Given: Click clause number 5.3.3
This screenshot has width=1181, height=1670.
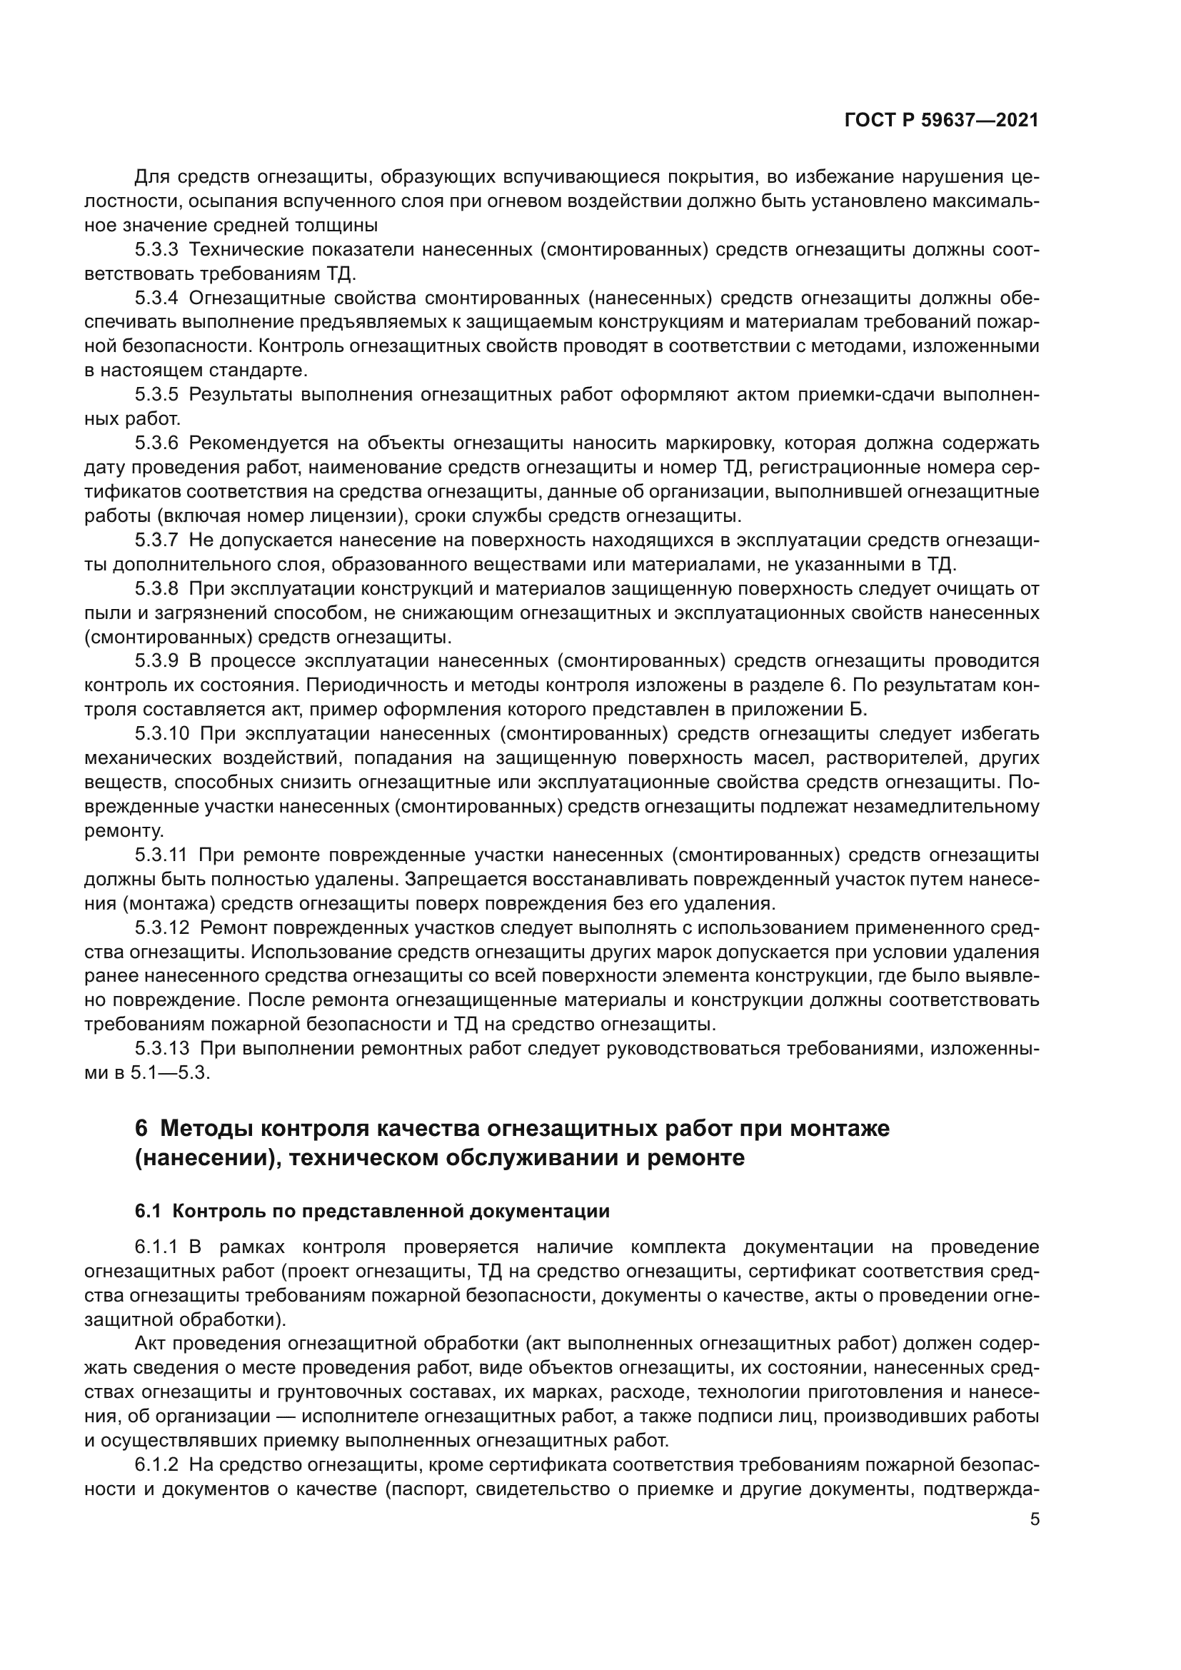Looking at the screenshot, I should (156, 250).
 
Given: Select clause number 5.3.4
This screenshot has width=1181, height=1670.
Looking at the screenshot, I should (156, 298).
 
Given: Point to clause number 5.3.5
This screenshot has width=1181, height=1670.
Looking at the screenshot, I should (156, 395).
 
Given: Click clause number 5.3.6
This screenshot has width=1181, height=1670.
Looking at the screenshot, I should (156, 443).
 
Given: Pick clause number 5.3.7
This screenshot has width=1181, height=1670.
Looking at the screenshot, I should (156, 540).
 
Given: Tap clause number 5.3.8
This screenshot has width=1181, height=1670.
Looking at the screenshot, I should (156, 588).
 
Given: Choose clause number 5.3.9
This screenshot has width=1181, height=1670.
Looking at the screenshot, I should (156, 661).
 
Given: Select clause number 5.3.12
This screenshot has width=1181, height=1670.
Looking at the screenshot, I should (161, 927).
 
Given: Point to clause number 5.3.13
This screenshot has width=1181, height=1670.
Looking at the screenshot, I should (161, 1048).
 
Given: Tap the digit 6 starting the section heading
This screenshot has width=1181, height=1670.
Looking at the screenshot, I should (141, 1129).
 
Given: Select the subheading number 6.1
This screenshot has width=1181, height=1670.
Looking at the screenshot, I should (147, 1211).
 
